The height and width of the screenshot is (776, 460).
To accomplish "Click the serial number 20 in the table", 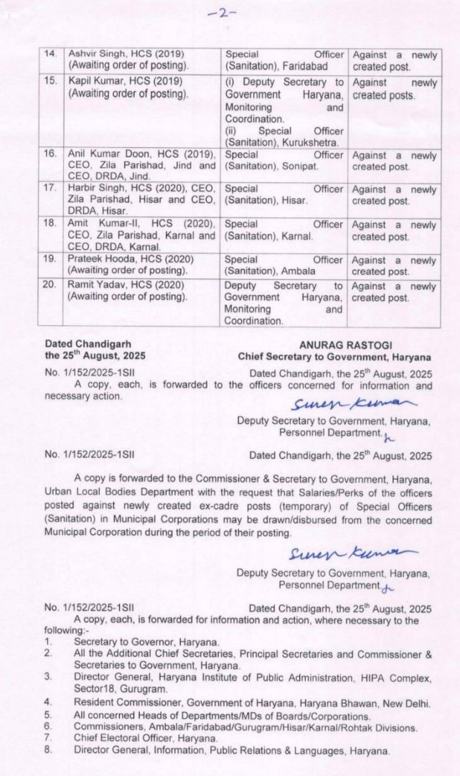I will [x=50, y=286].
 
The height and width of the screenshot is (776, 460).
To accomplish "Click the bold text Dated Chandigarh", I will [x=84, y=344].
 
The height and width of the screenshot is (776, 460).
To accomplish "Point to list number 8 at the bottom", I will [x=47, y=750].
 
